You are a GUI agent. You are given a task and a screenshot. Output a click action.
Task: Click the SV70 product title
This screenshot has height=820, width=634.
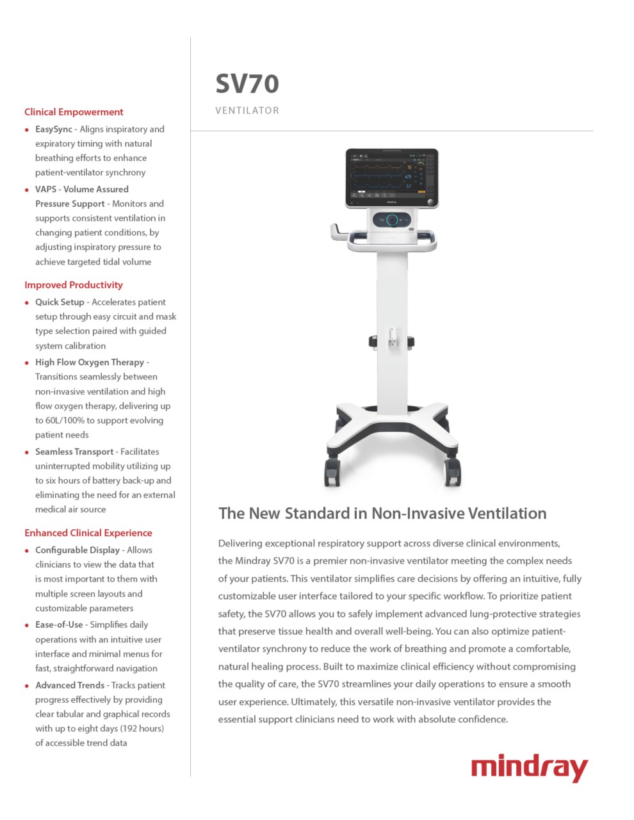(247, 83)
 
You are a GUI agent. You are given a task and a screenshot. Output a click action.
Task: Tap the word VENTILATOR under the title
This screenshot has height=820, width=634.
(247, 111)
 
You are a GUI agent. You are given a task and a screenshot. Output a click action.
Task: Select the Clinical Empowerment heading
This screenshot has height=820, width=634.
(74, 112)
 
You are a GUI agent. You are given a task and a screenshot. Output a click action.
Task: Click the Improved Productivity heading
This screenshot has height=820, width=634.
(74, 285)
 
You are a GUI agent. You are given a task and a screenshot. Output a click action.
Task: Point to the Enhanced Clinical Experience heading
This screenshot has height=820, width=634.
(88, 533)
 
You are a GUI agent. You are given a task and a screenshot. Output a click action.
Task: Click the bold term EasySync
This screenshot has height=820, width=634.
(54, 129)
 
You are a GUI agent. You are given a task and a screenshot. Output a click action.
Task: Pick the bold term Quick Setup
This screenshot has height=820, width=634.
(60, 302)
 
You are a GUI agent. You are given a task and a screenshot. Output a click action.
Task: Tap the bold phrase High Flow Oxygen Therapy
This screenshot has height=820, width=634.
(90, 362)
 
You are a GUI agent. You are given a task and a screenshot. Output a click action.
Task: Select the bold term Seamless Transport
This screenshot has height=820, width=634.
(74, 452)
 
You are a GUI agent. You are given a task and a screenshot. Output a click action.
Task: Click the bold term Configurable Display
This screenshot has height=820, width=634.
(77, 550)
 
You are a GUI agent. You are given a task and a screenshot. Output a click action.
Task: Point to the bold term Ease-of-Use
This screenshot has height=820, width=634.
(59, 625)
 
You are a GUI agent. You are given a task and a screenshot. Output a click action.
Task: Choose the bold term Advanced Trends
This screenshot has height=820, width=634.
(70, 685)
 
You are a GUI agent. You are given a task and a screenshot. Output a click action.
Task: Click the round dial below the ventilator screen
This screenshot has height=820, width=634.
(392, 220)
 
